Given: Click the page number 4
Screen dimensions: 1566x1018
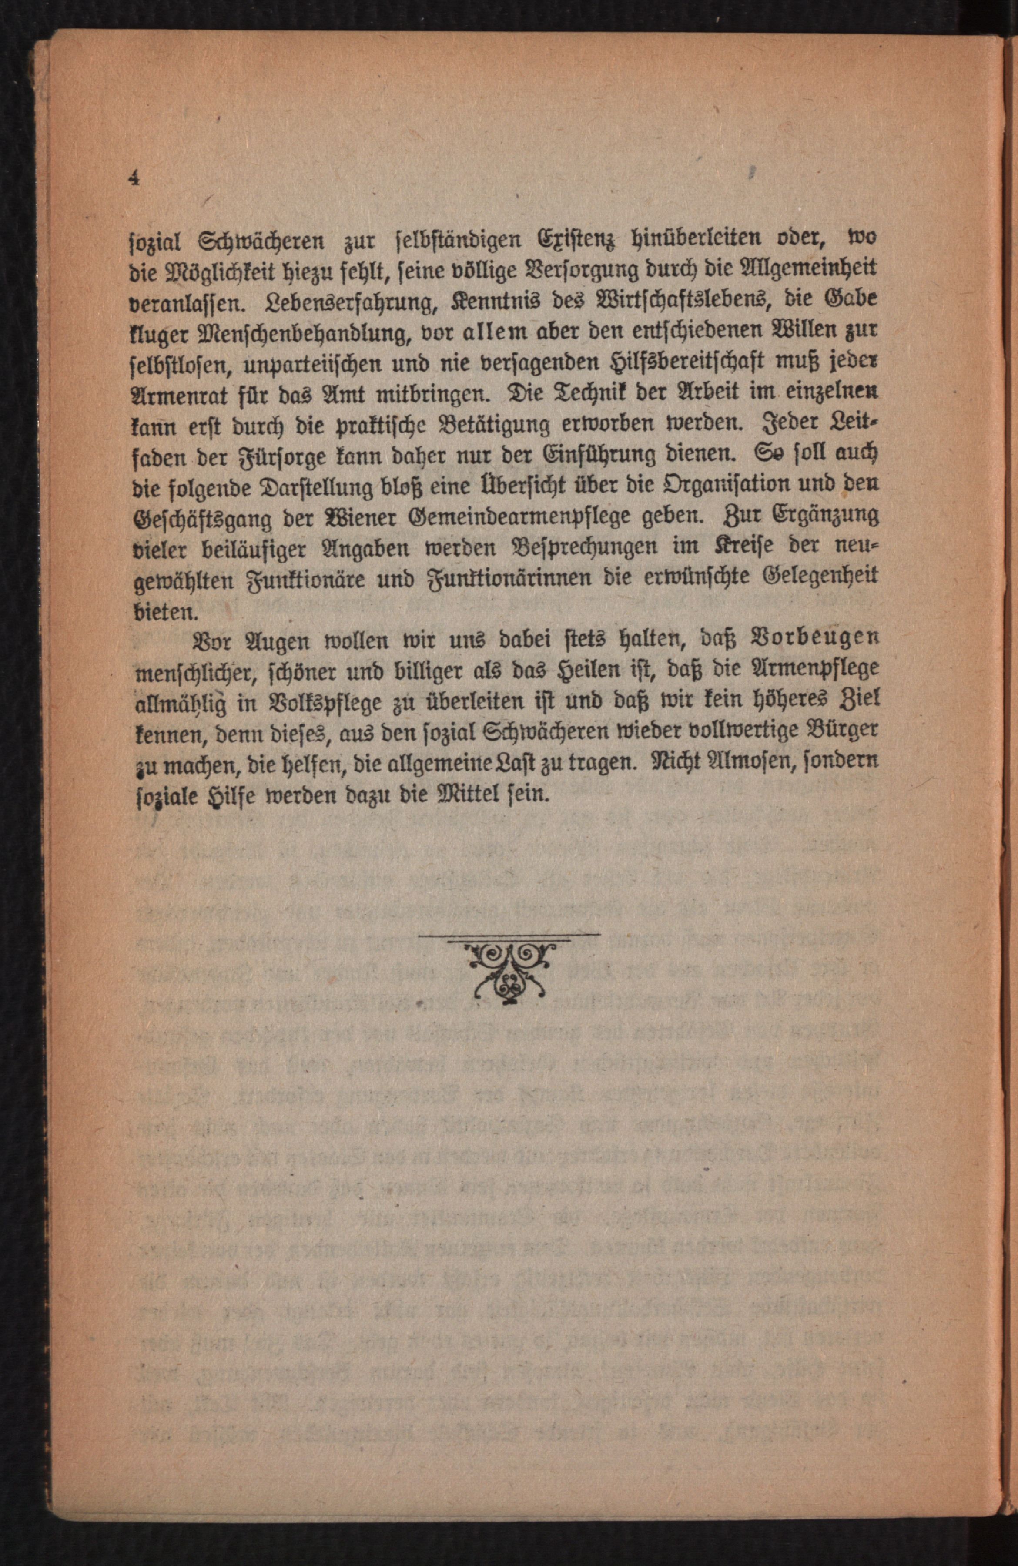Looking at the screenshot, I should tap(135, 179).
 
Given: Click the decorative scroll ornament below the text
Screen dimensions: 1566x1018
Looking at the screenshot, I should tap(510, 971).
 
